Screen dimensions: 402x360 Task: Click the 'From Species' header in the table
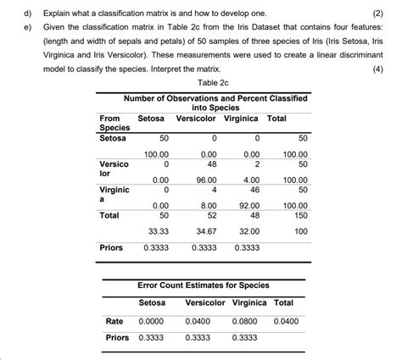click(113, 123)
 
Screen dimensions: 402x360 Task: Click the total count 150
click(300, 215)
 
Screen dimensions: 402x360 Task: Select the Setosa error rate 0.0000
click(152, 322)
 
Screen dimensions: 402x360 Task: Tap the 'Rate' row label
click(114, 322)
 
